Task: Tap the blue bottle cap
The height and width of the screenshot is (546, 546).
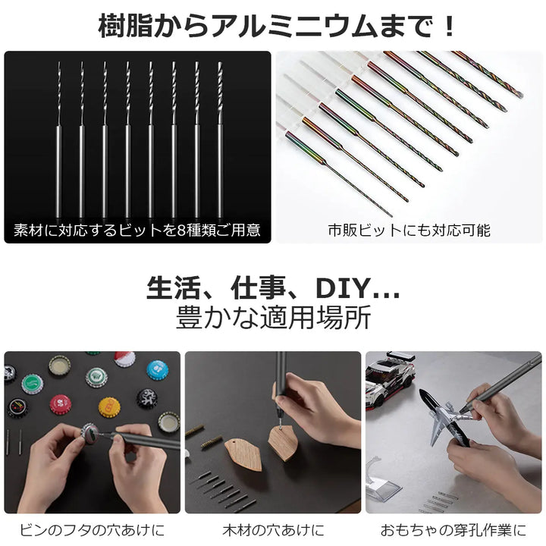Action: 157,370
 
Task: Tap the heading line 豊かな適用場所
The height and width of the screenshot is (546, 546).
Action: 273,318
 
